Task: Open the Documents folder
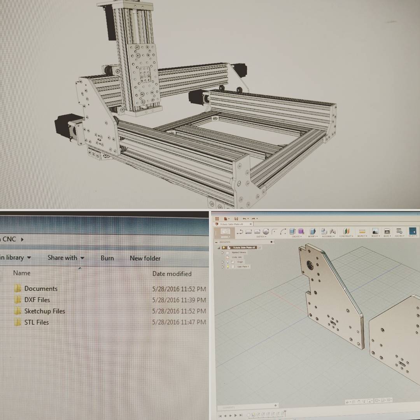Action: [40, 289]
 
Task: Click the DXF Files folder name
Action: [37, 300]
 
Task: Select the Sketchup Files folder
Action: [44, 311]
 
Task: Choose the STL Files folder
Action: [36, 322]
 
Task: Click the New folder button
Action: [145, 258]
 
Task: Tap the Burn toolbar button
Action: [107, 258]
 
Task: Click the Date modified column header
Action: [172, 274]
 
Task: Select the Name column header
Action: [22, 273]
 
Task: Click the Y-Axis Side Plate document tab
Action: [232, 224]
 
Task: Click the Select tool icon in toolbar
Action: [412, 231]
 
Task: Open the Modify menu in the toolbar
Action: [312, 232]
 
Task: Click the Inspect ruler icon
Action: [362, 231]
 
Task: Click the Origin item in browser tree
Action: [240, 262]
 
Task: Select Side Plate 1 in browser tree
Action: [243, 267]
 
